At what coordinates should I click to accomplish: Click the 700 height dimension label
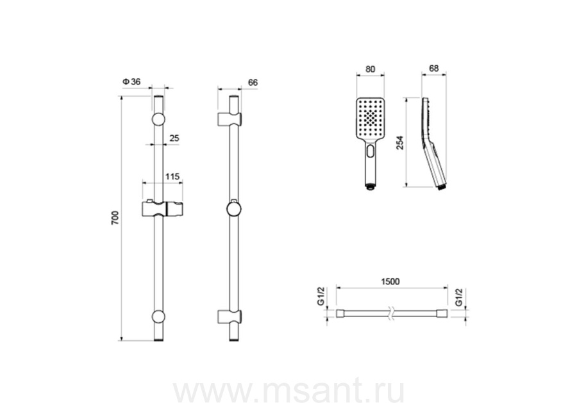115,218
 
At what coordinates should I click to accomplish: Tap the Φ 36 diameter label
131,81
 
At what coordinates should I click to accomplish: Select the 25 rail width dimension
174,138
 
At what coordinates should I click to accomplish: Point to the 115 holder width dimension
172,176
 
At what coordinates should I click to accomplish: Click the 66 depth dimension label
253,83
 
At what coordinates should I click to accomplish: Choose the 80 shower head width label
370,69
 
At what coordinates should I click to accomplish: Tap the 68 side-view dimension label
434,69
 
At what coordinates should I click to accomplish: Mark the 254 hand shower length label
400,143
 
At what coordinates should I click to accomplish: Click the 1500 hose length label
390,282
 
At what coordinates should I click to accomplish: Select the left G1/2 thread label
321,297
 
